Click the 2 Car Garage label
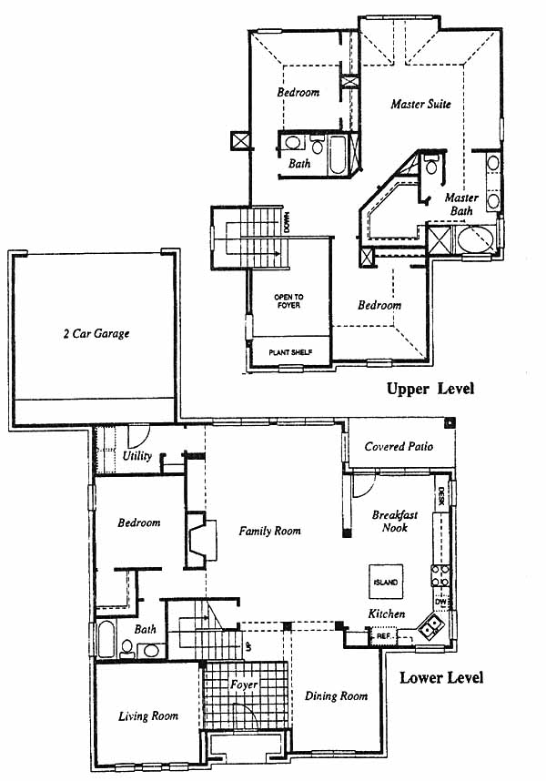[96, 333]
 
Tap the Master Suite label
[421, 104]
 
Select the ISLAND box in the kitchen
[386, 582]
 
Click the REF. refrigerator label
[383, 636]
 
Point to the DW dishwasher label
[441, 603]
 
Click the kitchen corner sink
[430, 627]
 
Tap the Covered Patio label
[399, 446]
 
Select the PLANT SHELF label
[290, 352]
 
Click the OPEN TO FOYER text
[288, 301]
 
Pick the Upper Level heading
[430, 389]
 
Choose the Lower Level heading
[441, 677]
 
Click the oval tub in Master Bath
[476, 239]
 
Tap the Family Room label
[269, 531]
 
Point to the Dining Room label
[336, 695]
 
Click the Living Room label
[148, 716]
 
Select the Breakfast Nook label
[395, 521]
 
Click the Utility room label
[137, 455]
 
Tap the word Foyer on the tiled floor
[244, 685]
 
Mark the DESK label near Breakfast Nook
[441, 497]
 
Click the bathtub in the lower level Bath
[106, 639]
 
